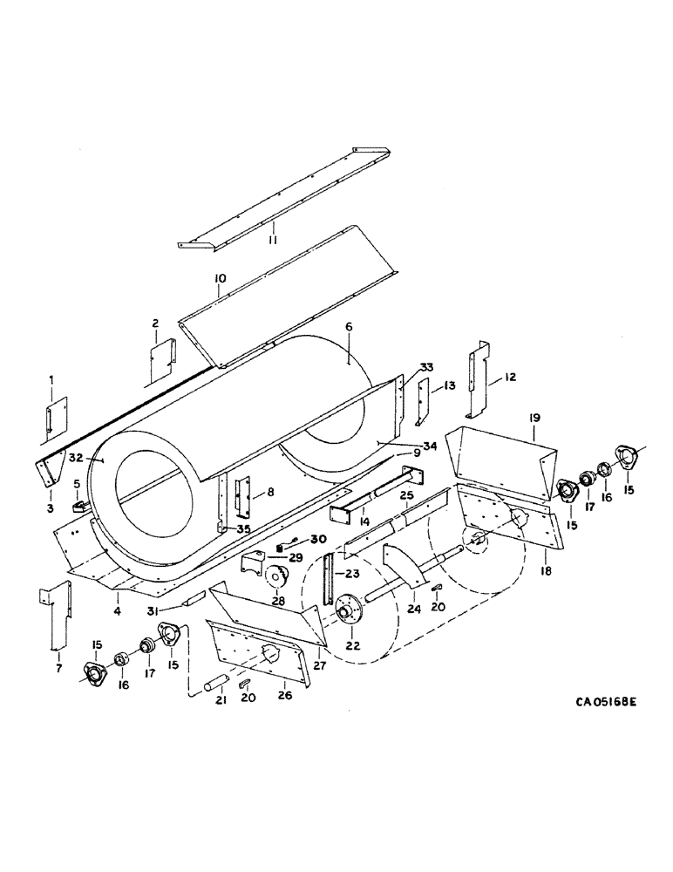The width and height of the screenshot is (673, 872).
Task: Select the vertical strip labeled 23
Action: (x=328, y=577)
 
